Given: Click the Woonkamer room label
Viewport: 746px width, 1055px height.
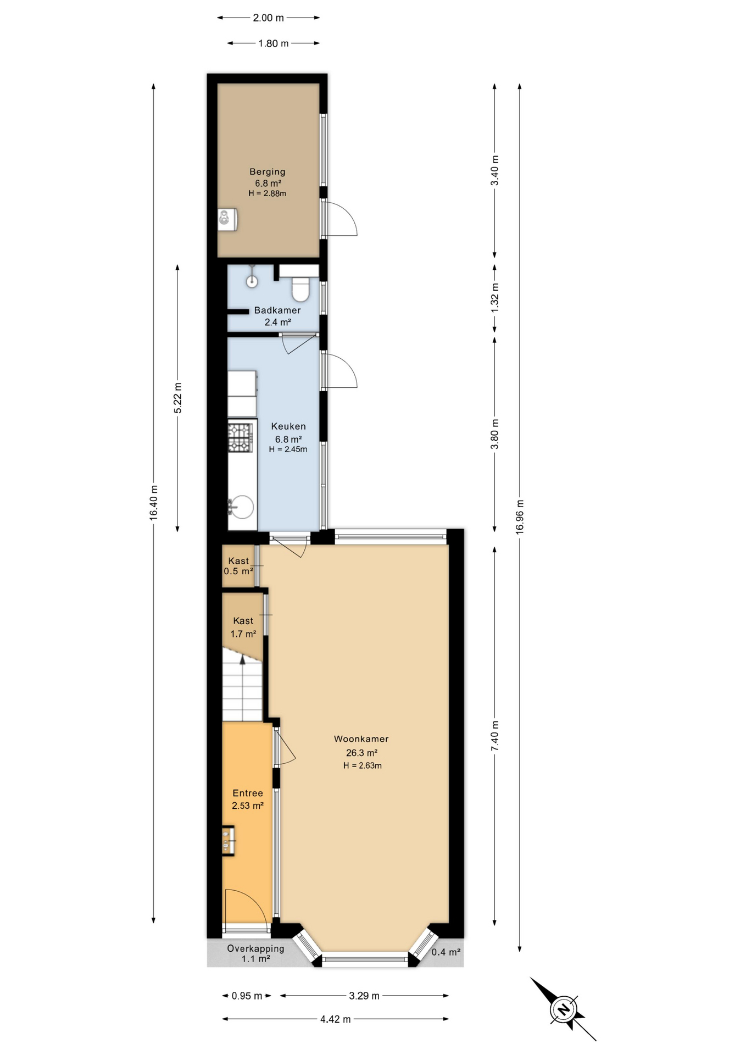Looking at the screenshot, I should pyautogui.click(x=361, y=739).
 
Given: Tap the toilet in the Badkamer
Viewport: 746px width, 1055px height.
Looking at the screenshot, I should pyautogui.click(x=300, y=289).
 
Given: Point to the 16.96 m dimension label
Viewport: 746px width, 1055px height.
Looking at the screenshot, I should pyautogui.click(x=520, y=517).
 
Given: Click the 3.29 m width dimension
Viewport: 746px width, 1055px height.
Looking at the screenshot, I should pyautogui.click(x=364, y=996).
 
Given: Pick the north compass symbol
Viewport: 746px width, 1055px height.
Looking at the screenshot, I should pyautogui.click(x=563, y=1009).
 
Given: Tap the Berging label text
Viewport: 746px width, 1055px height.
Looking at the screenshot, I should pyautogui.click(x=267, y=171).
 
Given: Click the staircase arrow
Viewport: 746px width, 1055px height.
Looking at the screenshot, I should pyautogui.click(x=242, y=659).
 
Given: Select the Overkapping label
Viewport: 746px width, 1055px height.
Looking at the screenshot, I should pyautogui.click(x=255, y=948).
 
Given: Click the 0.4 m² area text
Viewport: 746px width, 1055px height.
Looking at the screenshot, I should pyautogui.click(x=446, y=952).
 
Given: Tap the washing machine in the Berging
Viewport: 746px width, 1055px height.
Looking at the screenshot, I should pyautogui.click(x=227, y=219).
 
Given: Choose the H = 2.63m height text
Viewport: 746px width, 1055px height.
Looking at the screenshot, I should pyautogui.click(x=362, y=765).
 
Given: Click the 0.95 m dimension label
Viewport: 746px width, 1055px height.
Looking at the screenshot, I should pyautogui.click(x=247, y=996).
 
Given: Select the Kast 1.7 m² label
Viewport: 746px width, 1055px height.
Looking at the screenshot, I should pyautogui.click(x=243, y=627).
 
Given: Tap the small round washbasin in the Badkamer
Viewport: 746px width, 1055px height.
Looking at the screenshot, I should pyautogui.click(x=252, y=282).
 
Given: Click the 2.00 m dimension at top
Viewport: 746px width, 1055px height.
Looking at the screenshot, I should pyautogui.click(x=268, y=18).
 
